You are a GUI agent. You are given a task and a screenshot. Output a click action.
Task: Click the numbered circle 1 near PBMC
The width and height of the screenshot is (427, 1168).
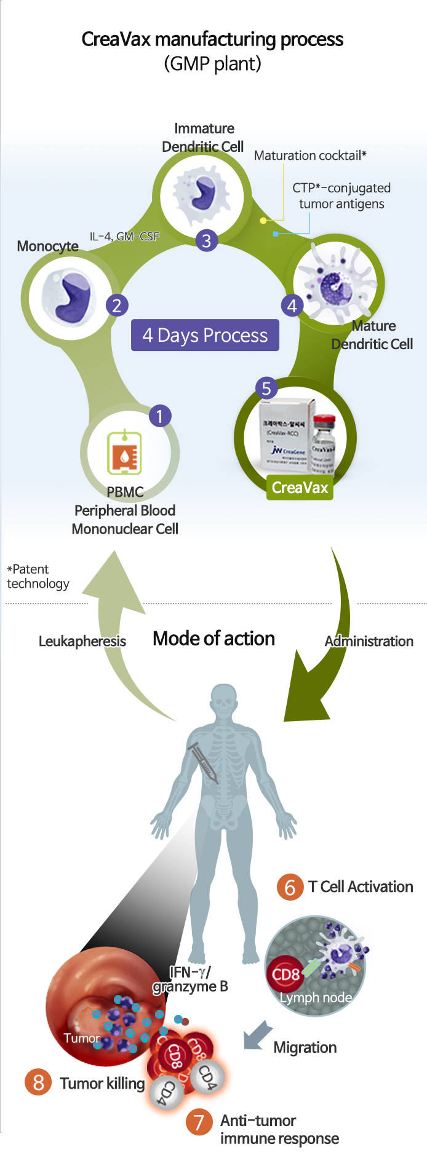coord(159,416)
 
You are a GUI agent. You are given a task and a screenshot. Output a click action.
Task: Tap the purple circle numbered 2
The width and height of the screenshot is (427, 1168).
coord(116,305)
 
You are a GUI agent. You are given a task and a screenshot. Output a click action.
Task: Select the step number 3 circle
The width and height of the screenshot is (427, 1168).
coord(207,240)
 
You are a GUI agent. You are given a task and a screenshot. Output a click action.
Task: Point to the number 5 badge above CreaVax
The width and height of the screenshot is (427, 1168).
coord(266,389)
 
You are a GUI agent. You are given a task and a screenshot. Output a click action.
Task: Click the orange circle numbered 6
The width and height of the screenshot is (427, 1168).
coord(290,887)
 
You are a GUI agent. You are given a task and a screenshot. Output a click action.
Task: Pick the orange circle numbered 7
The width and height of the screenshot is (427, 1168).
coord(199,1122)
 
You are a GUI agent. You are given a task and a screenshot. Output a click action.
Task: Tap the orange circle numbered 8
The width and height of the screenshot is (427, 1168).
coord(38,1082)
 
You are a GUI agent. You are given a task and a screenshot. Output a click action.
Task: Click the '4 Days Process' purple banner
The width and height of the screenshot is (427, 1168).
coord(205,335)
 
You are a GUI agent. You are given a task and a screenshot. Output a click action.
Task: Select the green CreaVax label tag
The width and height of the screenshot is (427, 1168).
coord(300,487)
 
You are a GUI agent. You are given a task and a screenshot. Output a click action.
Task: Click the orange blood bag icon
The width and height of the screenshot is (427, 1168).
coord(125,452)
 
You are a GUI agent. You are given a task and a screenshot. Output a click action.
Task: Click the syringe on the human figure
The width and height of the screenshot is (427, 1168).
coord(204,762)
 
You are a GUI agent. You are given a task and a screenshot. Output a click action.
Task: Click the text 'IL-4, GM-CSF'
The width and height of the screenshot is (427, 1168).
coord(124,236)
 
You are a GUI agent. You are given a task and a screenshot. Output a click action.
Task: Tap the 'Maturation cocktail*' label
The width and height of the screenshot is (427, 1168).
coord(310,156)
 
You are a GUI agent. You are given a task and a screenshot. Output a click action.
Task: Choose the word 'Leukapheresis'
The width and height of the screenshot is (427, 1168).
coord(82,641)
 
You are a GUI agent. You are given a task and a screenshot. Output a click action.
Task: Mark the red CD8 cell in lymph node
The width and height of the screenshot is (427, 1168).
coord(285,974)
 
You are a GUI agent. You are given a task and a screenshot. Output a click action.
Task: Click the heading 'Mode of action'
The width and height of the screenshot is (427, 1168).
coord(213,639)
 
